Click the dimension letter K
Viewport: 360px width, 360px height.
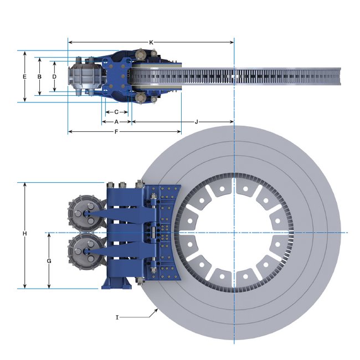(x=151, y=43)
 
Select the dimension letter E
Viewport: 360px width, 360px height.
(x=24, y=76)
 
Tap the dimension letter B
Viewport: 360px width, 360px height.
(x=39, y=76)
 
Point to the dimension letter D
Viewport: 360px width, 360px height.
(x=54, y=76)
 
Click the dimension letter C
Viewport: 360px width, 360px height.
(x=116, y=112)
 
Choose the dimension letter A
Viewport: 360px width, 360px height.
(x=116, y=122)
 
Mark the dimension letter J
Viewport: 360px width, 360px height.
(x=196, y=122)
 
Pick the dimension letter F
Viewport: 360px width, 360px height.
(x=116, y=132)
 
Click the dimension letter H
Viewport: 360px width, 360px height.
(x=25, y=234)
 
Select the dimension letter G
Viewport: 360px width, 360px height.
(x=49, y=261)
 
